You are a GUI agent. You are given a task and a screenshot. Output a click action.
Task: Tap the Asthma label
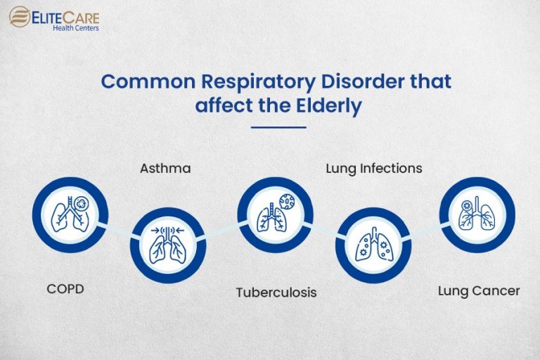[x=165, y=168]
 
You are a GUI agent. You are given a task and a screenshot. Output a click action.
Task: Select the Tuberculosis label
[x=276, y=292]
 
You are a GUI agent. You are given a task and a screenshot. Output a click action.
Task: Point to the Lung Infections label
[x=374, y=168]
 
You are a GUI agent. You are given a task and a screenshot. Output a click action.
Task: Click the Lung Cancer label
[x=479, y=290]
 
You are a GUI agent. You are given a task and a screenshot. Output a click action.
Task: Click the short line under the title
[x=278, y=127]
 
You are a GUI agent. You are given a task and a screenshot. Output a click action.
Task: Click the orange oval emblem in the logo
[x=19, y=16]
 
